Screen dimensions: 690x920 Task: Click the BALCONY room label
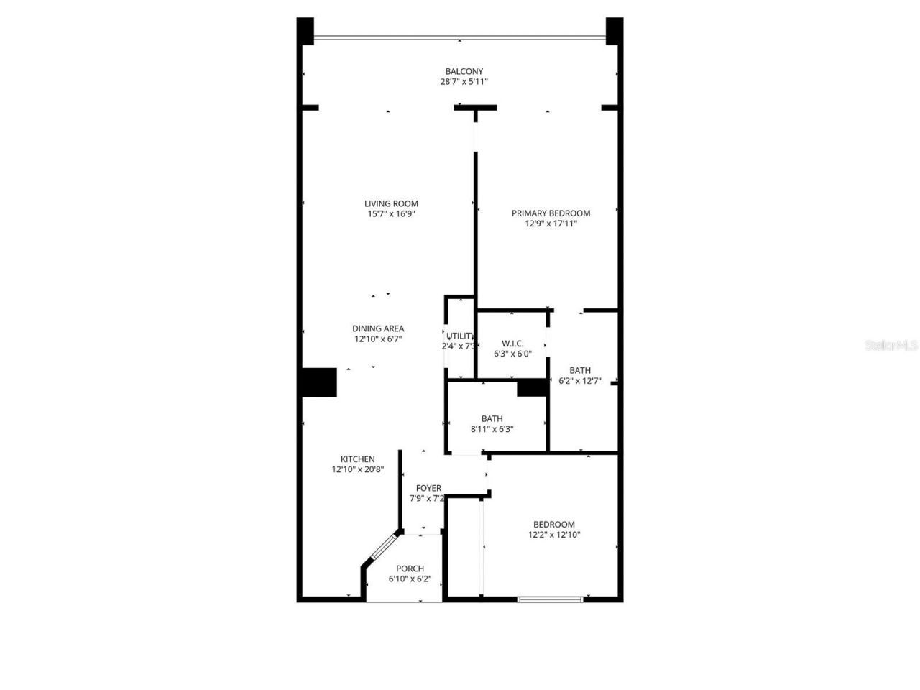tap(464, 71)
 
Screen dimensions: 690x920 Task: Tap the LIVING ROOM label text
tap(391, 203)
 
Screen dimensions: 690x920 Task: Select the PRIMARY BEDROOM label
tap(551, 213)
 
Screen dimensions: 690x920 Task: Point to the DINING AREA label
tap(378, 328)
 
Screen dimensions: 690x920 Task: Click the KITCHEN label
tap(357, 459)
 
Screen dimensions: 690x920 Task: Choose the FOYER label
tap(428, 488)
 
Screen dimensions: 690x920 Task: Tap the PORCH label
tap(410, 569)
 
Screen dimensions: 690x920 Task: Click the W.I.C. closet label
tap(512, 344)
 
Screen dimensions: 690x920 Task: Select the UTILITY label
tap(460, 336)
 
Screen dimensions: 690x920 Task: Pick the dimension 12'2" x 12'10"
tap(553, 535)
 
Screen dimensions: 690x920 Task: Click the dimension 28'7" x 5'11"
tap(464, 82)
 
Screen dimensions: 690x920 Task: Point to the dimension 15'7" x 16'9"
tap(391, 214)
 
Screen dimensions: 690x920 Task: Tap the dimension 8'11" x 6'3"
tap(492, 429)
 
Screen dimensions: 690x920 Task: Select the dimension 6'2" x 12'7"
tap(579, 381)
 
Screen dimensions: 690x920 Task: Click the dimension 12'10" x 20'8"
tap(357, 470)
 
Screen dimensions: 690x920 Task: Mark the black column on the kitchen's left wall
tap(318, 382)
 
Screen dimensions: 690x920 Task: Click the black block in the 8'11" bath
tap(533, 388)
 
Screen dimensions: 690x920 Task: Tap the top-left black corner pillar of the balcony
tap(305, 31)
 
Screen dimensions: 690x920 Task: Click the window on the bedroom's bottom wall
tap(550, 599)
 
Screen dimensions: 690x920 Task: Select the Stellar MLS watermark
tap(891, 345)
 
